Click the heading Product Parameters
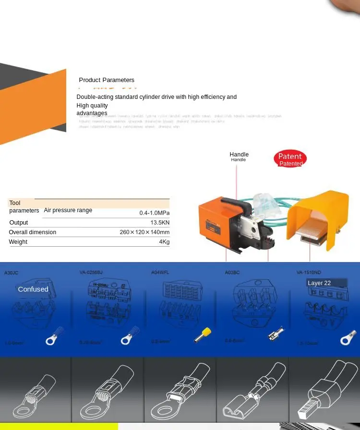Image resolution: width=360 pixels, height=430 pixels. [107, 80]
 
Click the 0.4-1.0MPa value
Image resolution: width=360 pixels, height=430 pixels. [154, 213]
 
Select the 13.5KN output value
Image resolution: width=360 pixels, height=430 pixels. [160, 223]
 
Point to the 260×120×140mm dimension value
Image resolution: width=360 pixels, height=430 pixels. [144, 232]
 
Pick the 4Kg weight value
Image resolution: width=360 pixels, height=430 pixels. [164, 242]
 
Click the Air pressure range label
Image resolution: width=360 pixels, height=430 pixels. [68, 210]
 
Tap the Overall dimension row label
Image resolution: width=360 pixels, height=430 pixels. [32, 232]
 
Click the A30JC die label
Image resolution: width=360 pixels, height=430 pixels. [11, 273]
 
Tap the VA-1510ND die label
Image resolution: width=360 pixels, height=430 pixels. [309, 272]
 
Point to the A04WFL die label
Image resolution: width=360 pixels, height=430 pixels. [160, 272]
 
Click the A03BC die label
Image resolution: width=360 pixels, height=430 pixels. [232, 273]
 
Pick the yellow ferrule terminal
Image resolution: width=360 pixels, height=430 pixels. [203, 335]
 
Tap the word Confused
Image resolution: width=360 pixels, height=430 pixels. [33, 289]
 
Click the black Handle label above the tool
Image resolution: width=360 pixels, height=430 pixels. [239, 155]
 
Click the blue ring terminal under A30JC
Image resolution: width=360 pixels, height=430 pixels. [56, 336]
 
